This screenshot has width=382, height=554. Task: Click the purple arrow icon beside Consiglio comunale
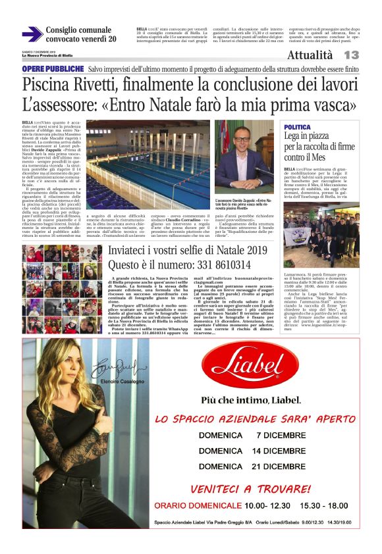click(32, 34)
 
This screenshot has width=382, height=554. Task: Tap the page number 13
click(351, 55)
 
